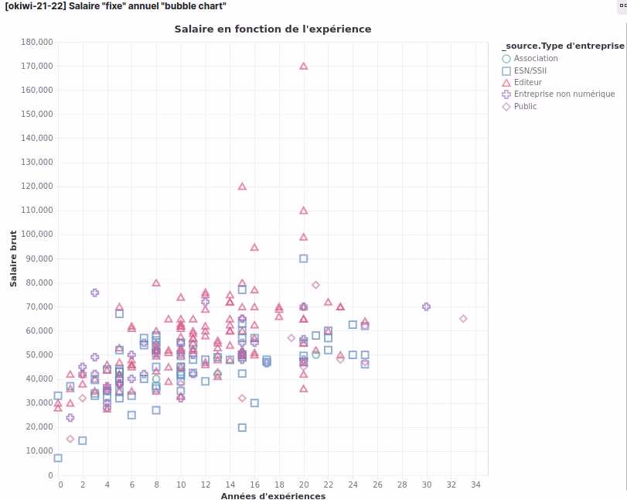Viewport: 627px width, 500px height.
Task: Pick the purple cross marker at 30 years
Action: [x=426, y=307]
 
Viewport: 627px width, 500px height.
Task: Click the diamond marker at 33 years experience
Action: [x=463, y=319]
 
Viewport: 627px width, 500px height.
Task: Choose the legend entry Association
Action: [x=535, y=58]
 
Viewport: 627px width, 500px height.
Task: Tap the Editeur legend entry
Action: [x=527, y=82]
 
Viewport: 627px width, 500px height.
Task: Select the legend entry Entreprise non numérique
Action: [x=564, y=94]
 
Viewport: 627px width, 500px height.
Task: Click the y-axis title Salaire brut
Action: [x=13, y=259]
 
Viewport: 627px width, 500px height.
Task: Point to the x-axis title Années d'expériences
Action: [x=273, y=495]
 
